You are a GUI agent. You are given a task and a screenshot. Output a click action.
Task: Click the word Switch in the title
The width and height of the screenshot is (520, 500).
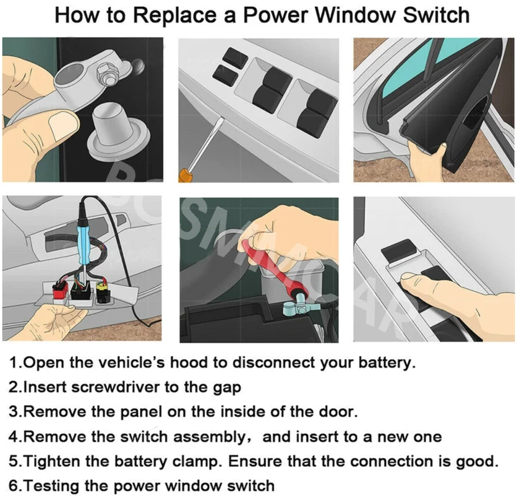tap(436, 15)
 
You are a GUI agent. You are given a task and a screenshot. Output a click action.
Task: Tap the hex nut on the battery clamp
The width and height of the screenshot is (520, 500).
tap(105, 75)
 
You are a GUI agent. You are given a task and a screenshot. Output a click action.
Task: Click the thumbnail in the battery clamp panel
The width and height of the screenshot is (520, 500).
tap(63, 125)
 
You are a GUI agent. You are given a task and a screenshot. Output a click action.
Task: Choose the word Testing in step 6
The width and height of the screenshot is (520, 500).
tap(51, 487)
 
